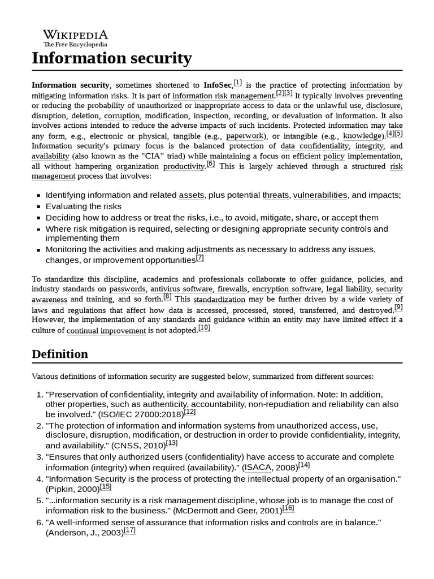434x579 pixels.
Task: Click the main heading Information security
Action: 112,58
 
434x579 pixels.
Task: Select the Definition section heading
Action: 60,354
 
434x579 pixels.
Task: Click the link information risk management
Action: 223,96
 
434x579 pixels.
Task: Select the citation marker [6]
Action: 210,164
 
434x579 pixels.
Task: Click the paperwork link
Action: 245,136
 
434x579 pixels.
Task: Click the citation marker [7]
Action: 199,258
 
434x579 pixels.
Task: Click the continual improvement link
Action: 106,330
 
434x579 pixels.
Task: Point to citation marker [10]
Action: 204,328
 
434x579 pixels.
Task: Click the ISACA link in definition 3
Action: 258,468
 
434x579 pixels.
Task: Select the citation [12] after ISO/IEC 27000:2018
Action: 190,412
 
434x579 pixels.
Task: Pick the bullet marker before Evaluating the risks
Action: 38,207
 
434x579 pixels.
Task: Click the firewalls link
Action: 232,289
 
